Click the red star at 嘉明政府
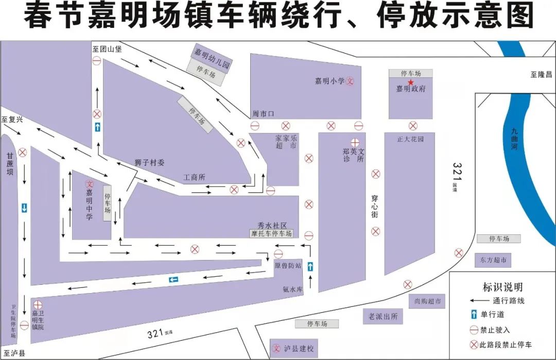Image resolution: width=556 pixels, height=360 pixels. coord(411,82)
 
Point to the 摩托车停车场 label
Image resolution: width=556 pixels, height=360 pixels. coord(271,233)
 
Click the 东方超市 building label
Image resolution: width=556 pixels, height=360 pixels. coord(493,260)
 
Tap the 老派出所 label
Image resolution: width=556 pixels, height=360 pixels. coord(380,316)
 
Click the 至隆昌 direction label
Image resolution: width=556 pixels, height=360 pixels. coord(541,74)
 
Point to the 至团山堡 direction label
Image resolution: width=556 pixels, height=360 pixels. coord(107,49)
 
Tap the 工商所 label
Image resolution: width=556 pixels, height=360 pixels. coord(195,177)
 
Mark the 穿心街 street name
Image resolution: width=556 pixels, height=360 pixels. coord(375,205)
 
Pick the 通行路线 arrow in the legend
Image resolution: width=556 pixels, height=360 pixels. coord(479,301)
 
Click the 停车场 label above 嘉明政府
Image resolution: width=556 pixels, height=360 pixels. coord(411,74)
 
